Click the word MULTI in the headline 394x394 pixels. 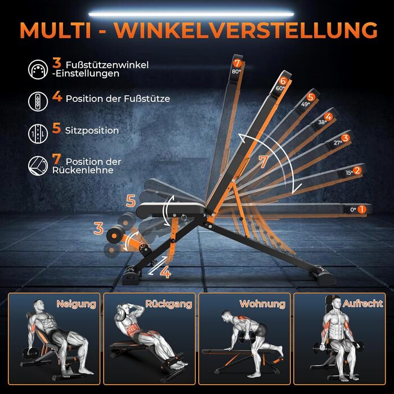click(x=55, y=30)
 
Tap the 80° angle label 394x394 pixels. click(x=236, y=71)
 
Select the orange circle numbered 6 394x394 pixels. click(x=283, y=81)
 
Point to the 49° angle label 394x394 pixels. click(x=306, y=104)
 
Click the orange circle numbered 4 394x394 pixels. click(x=328, y=117)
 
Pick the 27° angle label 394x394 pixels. click(x=338, y=143)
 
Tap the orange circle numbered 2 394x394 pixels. click(x=357, y=171)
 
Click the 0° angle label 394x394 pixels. click(x=353, y=209)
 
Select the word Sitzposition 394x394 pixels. click(x=92, y=131)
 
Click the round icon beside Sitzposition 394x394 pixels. click(x=38, y=134)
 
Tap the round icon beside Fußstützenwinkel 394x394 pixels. click(x=38, y=70)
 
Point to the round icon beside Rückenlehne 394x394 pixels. click(x=38, y=166)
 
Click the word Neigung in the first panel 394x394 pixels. click(x=76, y=305)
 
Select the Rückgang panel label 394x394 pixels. click(x=169, y=304)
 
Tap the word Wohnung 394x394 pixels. click(x=262, y=304)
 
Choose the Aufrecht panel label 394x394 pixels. click(x=362, y=303)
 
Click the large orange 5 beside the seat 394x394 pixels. click(x=131, y=201)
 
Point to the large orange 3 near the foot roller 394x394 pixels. click(x=98, y=229)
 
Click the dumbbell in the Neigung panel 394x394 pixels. click(x=30, y=354)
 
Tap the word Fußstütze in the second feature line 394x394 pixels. click(x=147, y=98)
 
